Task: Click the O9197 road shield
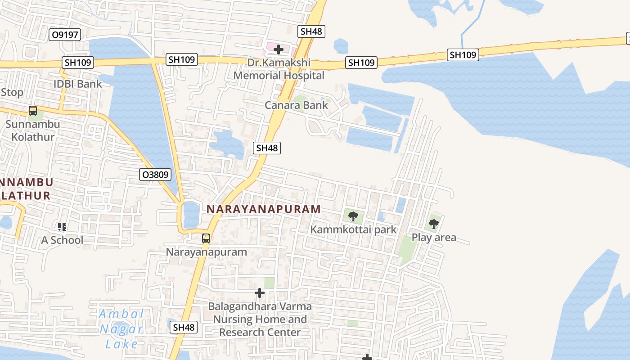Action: (x=65, y=35)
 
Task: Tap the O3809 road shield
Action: (x=155, y=175)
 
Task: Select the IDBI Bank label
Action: (x=78, y=84)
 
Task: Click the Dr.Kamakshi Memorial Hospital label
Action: (x=279, y=69)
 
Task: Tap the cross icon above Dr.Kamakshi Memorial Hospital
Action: (x=279, y=49)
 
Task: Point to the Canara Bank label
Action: (x=296, y=105)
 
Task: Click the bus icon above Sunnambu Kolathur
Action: (x=33, y=110)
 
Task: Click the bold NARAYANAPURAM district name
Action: (x=264, y=209)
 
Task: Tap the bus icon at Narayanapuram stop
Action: (x=206, y=238)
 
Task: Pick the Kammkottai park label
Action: (x=353, y=229)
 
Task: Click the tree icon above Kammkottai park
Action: (x=353, y=216)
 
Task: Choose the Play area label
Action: (x=434, y=237)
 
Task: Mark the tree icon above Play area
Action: (x=434, y=223)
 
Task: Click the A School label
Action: (x=62, y=240)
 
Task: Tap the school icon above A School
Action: (x=62, y=226)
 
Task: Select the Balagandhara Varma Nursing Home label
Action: (x=260, y=319)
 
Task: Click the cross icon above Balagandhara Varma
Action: (x=260, y=293)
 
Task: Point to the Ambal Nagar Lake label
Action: (x=121, y=329)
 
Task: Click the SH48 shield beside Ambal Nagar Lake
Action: (x=184, y=327)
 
